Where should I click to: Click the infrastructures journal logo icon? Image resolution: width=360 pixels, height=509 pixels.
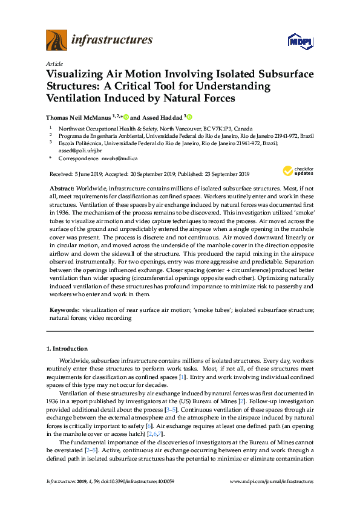[x=56, y=40]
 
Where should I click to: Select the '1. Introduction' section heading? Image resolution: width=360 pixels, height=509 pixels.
[x=67, y=349]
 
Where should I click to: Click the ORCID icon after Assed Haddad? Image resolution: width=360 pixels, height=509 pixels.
[x=190, y=117]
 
